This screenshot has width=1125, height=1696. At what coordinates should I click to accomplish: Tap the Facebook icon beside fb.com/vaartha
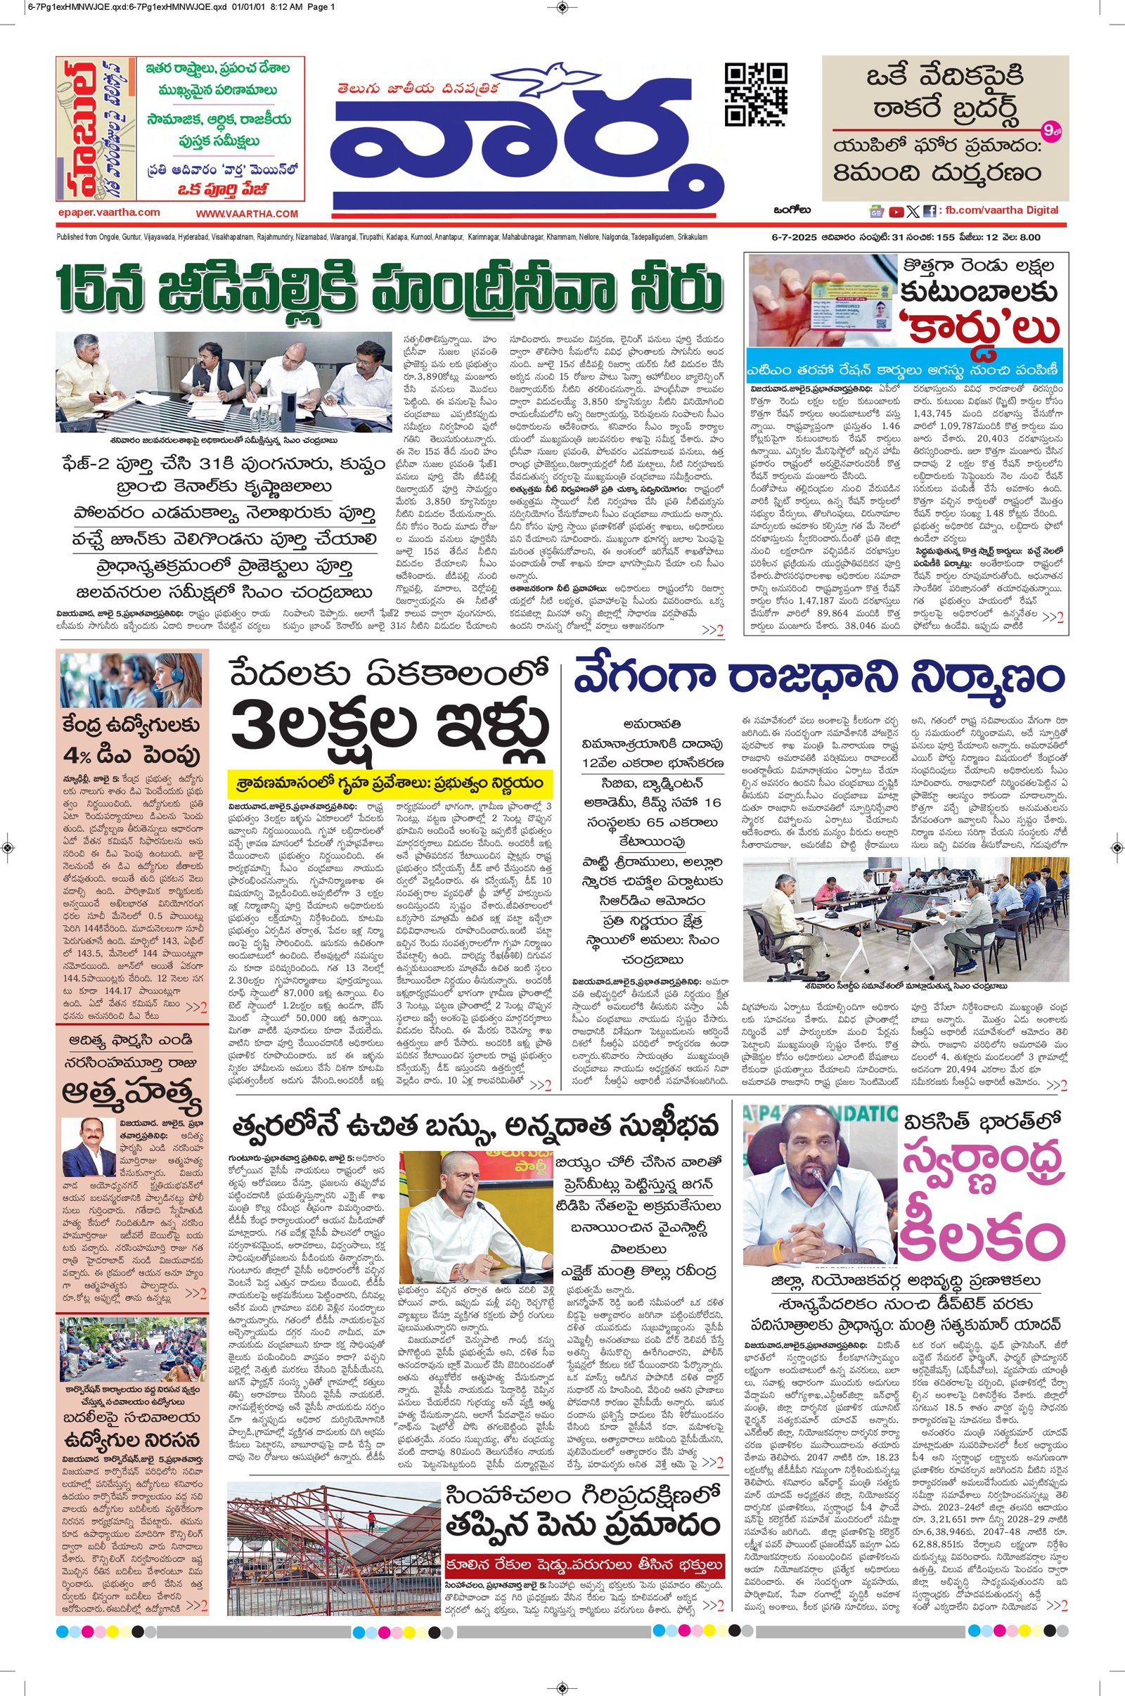929,211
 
